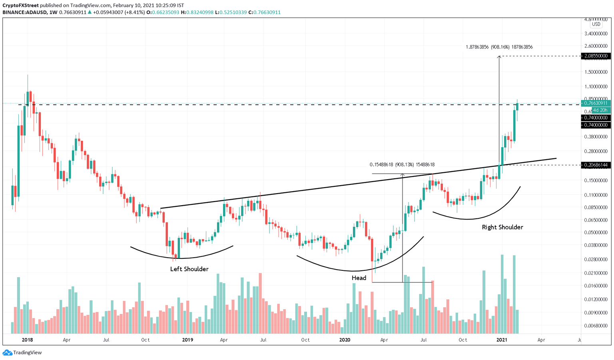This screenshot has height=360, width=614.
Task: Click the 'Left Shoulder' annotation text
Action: coord(189,269)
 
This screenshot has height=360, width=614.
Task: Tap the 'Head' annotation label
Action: coord(359,278)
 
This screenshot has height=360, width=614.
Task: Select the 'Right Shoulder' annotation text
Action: coord(502,227)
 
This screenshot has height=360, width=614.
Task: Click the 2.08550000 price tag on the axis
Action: coord(596,56)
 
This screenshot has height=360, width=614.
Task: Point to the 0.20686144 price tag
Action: coord(596,165)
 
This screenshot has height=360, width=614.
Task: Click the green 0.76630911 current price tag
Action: coord(596,103)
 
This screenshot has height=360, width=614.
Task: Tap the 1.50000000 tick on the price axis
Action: coord(596,72)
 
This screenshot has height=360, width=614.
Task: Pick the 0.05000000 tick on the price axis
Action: coord(596,232)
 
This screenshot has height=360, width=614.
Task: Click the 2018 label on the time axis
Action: coord(28,340)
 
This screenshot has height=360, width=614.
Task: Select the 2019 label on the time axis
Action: coord(187,340)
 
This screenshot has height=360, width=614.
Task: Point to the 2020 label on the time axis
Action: coord(345,340)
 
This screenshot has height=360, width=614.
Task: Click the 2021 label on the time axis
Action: coord(502,340)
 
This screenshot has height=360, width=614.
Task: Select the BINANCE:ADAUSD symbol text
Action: coord(25,12)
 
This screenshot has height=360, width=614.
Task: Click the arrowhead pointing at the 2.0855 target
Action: coord(499,58)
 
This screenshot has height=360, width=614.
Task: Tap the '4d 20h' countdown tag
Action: coord(600,110)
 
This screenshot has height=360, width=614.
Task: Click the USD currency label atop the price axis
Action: coord(596,24)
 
